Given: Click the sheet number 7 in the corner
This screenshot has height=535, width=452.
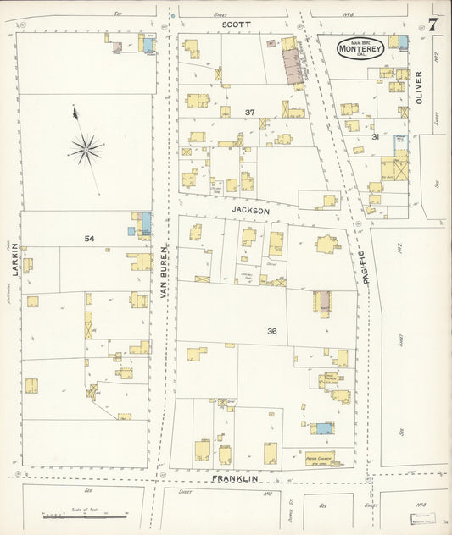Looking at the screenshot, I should coord(433,24).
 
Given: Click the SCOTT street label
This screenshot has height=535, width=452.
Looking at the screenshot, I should coord(236,25).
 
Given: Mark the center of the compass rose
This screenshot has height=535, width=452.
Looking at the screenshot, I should coord(86,150).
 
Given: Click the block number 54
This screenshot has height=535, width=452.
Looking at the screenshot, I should coord(89,239).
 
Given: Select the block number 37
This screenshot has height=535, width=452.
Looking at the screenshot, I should coord(249,113).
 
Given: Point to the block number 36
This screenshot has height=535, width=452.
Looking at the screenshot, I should coord(271,330).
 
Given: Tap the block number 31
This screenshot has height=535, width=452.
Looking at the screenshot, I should coord(374,136).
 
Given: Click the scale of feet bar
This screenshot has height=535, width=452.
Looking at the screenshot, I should coord(85,515).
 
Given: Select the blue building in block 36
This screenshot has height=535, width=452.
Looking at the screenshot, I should coord(322,428).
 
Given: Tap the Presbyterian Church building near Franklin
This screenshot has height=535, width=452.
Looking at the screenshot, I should coord(320,458).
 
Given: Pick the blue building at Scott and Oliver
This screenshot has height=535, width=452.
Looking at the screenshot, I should coord(403,41).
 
